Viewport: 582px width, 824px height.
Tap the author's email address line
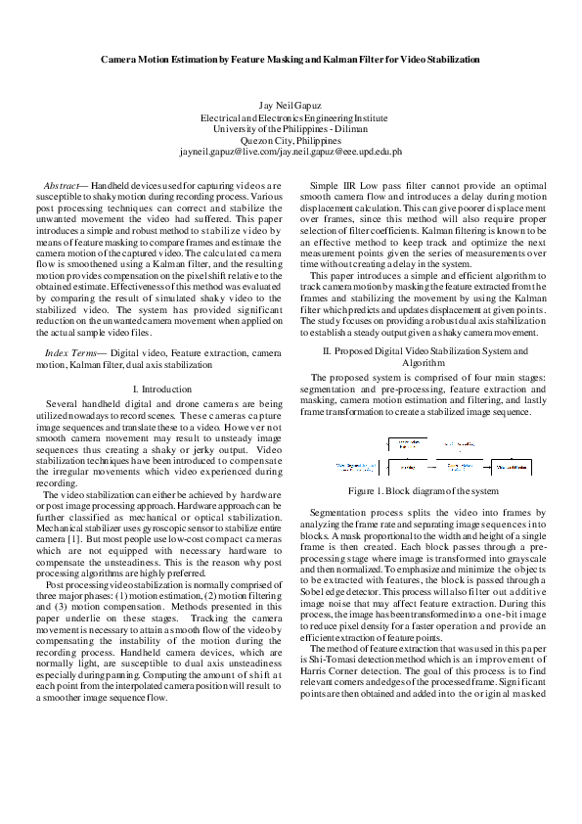point(291,153)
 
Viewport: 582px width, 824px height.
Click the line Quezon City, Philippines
point(291,141)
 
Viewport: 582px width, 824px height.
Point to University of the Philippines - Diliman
point(291,129)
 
